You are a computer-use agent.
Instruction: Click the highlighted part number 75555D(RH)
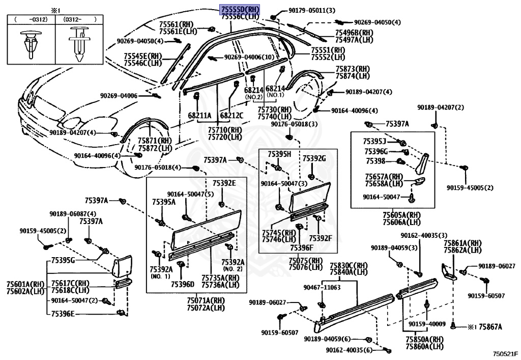coord(240,10)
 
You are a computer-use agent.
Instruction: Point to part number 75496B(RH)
coord(354,33)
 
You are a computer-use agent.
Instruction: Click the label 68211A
coord(199,116)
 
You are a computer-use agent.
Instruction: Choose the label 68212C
coord(231,116)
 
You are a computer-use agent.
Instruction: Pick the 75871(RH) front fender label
coord(155,141)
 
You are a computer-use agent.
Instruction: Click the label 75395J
coord(375,141)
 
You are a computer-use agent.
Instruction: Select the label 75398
coord(376,161)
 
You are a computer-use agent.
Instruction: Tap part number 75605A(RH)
coord(402,215)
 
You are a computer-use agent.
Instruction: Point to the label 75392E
coord(224,183)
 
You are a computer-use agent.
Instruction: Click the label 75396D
coord(183,284)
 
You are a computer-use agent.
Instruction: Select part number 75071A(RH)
coord(206,300)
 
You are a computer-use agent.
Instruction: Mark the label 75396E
coord(63,314)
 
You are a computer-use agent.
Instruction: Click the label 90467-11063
coord(322,287)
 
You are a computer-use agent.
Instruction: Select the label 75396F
coord(302,247)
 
